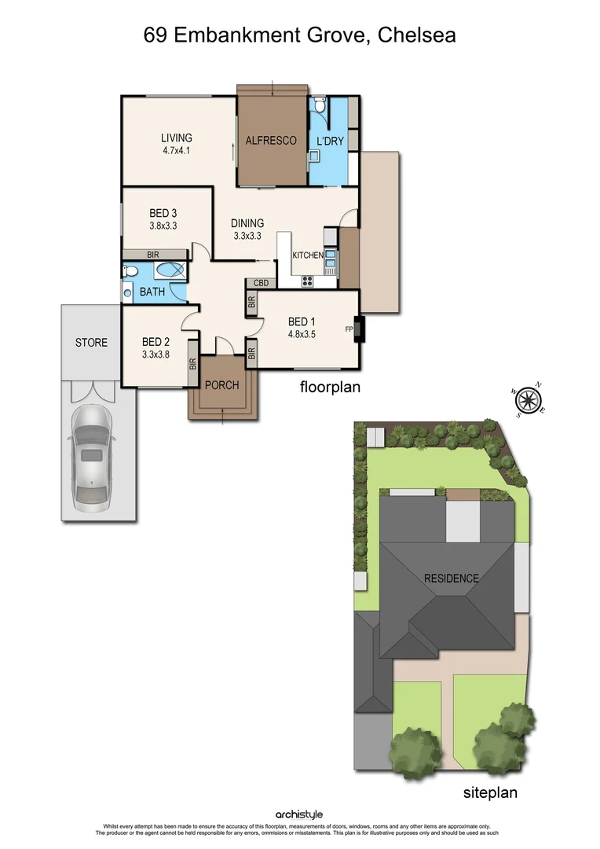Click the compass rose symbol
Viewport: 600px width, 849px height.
[525, 400]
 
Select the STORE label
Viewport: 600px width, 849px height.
[91, 343]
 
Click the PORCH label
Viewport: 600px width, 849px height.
[221, 385]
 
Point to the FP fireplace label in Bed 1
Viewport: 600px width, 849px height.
[348, 329]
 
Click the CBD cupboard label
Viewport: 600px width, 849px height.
[262, 283]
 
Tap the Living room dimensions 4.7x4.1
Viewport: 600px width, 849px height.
[177, 152]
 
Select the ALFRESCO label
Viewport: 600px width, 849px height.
[271, 141]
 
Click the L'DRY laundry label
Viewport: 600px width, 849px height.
[330, 141]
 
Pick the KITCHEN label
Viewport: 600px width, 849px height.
[308, 256]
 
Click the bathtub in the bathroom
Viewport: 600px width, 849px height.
[169, 271]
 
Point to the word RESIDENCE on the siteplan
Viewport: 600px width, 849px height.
[451, 579]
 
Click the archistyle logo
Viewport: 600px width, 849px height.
[299, 815]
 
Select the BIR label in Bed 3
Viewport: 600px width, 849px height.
[153, 255]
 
